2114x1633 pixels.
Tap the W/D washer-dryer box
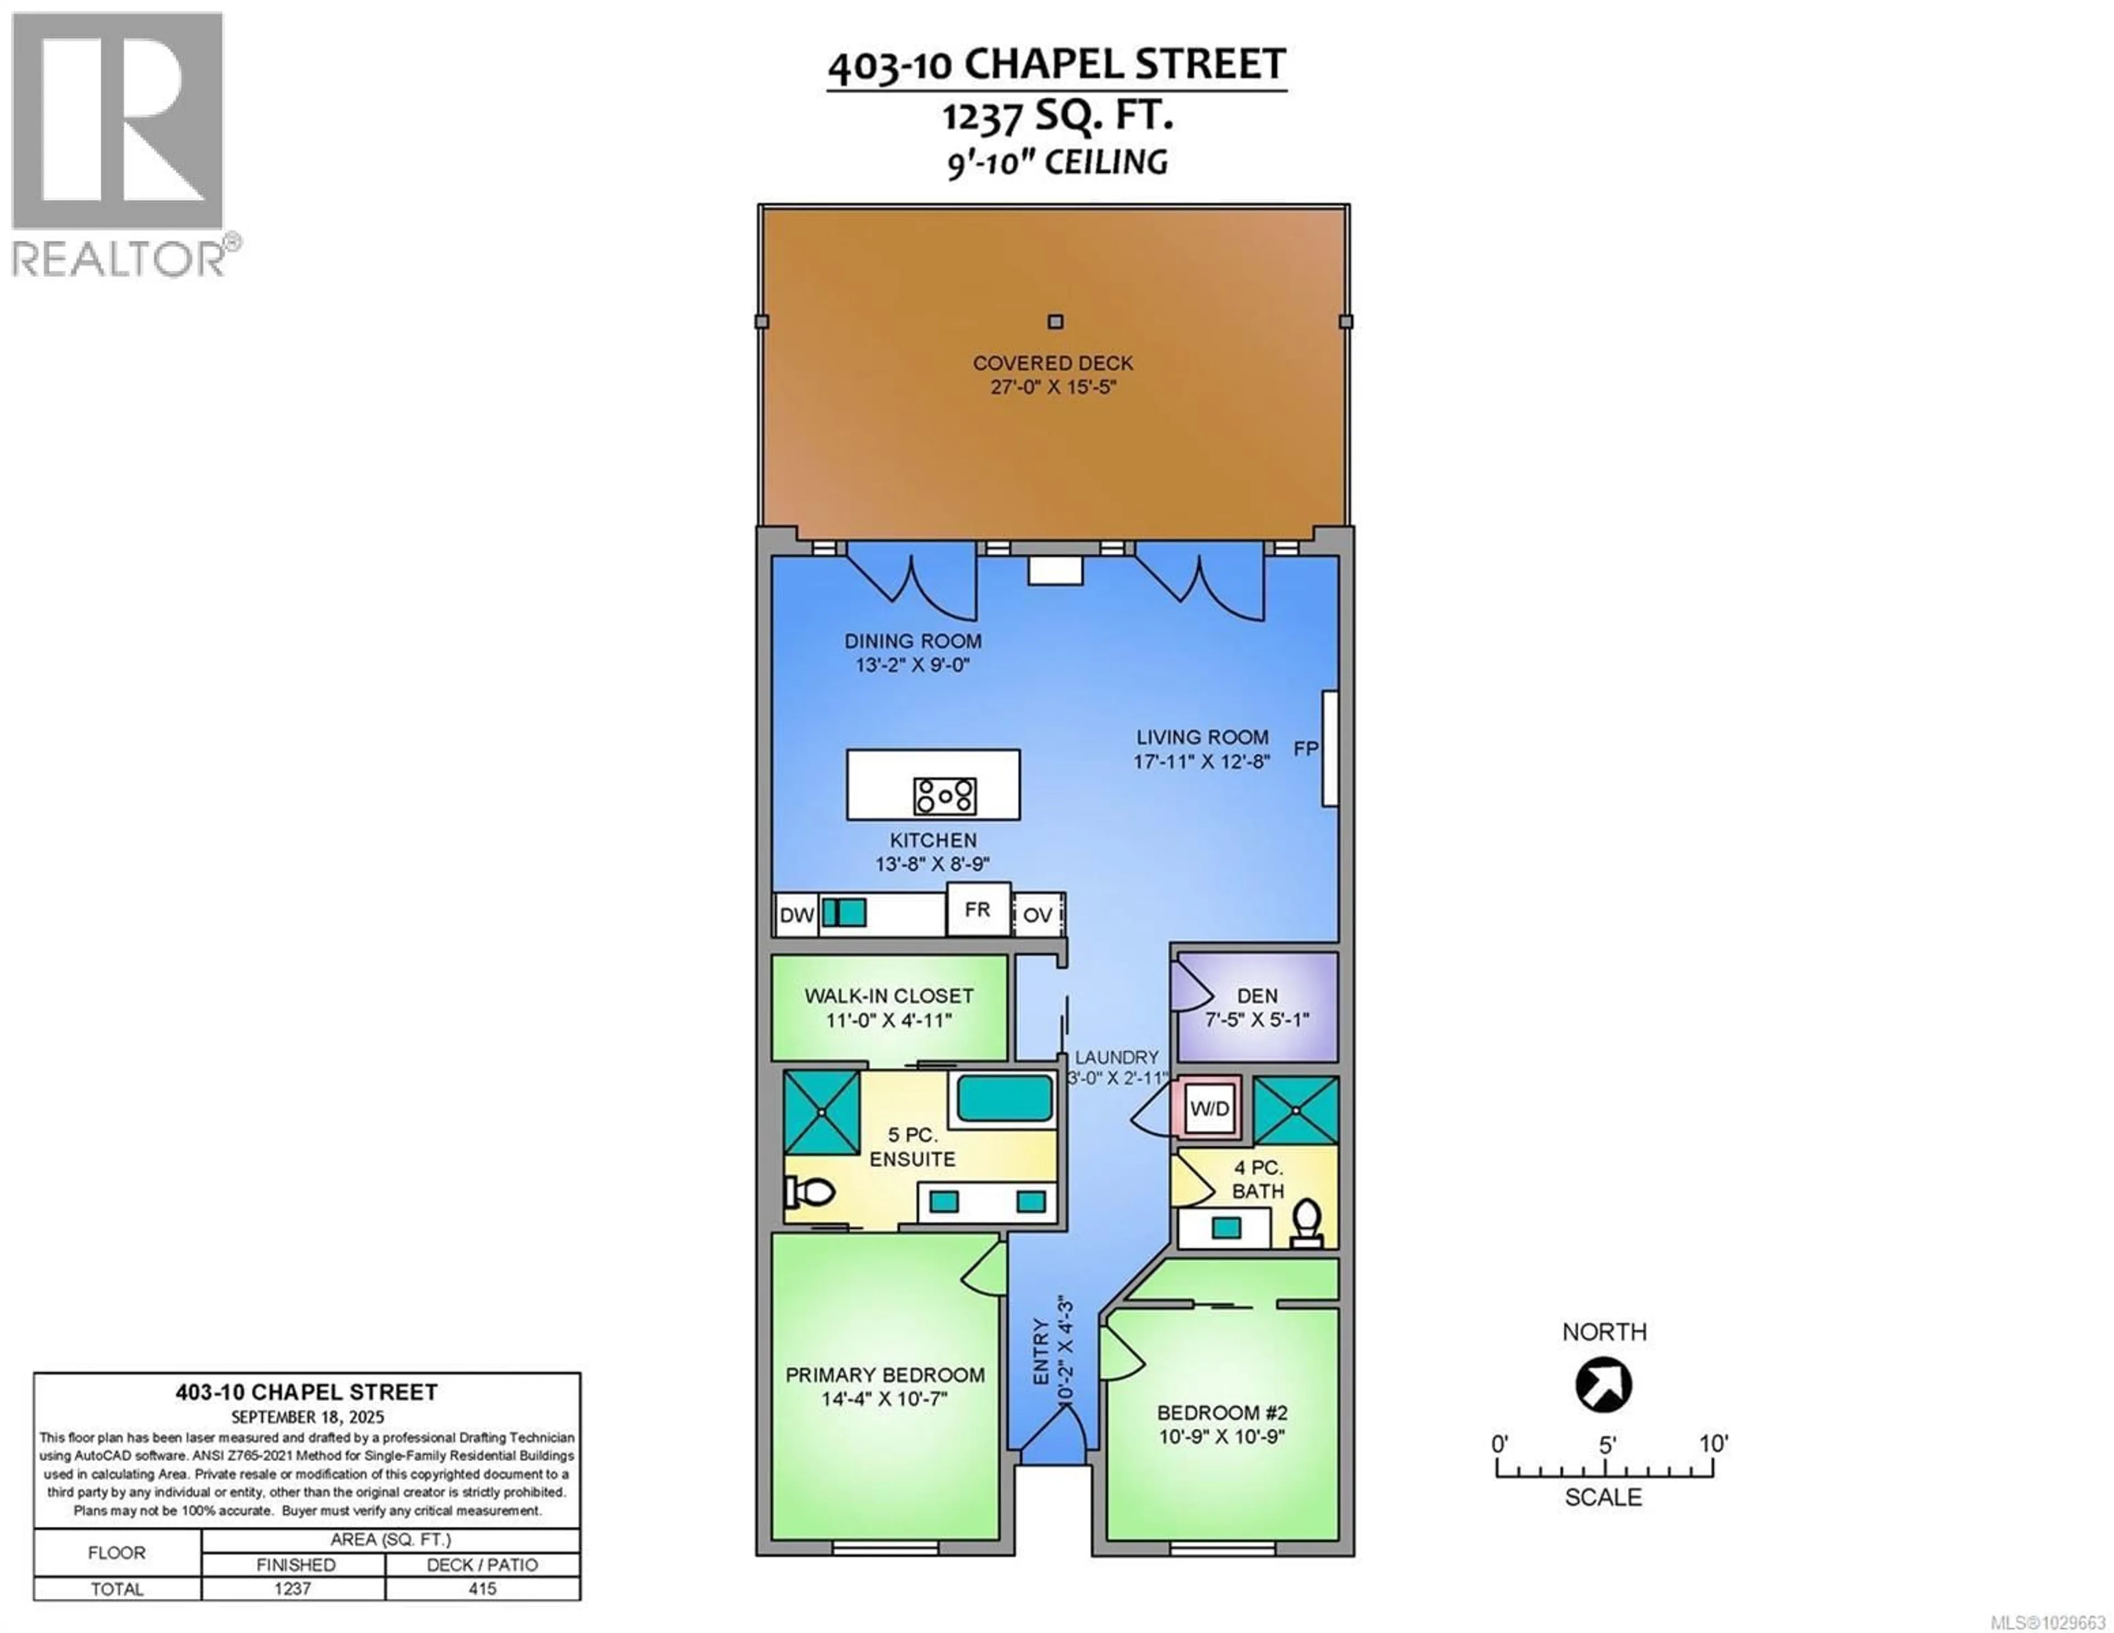pos(1209,1108)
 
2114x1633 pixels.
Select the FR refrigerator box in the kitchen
pos(978,910)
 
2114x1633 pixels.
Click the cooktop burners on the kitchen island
pos(944,796)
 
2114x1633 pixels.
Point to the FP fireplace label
pos(1306,749)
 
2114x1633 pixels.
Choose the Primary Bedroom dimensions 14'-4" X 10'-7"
pos(885,1399)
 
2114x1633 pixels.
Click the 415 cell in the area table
pos(482,1588)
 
